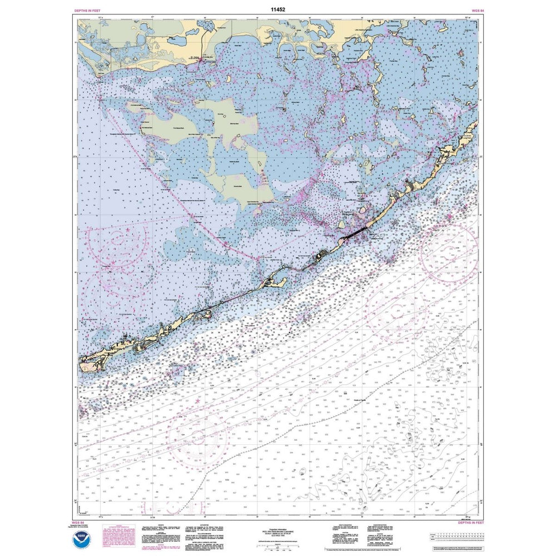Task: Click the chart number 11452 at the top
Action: tap(279, 9)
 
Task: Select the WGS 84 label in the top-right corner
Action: tap(470, 11)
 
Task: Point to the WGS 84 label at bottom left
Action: tap(81, 523)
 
